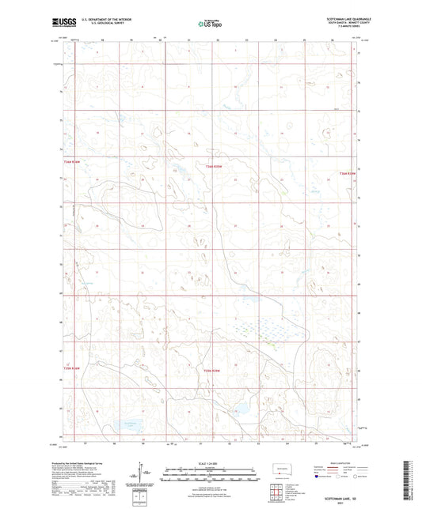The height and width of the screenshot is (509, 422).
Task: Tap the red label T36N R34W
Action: [348, 173]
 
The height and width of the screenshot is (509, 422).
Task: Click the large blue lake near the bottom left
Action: [127, 426]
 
